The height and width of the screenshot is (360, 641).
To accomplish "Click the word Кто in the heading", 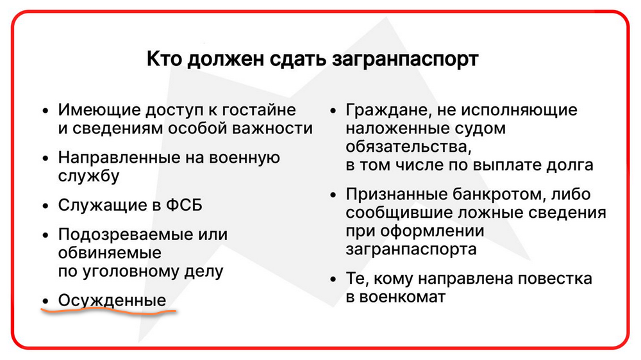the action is (x=165, y=59).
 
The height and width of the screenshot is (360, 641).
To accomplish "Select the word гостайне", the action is (x=259, y=110).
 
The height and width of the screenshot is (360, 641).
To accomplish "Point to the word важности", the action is (x=272, y=128).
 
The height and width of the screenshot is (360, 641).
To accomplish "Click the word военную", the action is (x=244, y=158).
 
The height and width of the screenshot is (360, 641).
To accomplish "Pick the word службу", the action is (x=88, y=177).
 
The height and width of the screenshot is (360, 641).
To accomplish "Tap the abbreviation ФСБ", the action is (x=184, y=205).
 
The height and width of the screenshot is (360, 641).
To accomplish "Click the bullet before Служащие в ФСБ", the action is (x=46, y=206).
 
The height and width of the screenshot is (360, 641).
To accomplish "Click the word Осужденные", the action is (x=112, y=301).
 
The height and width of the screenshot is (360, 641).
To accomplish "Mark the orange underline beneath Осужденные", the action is (x=108, y=311).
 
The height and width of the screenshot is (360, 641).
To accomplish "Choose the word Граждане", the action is (x=389, y=110).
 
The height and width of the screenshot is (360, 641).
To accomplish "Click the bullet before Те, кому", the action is (x=333, y=279).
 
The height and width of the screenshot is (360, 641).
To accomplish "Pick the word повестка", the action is (x=555, y=279).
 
